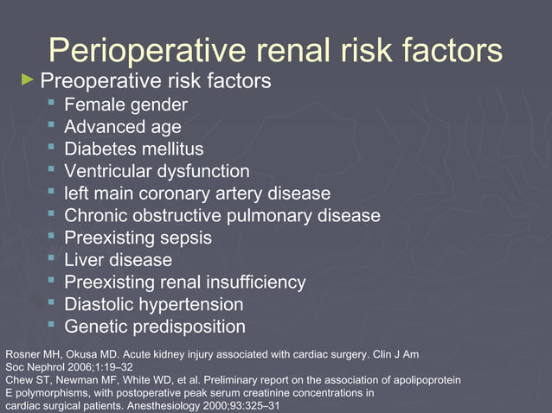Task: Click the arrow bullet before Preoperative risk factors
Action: [28, 80]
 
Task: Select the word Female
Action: [93, 105]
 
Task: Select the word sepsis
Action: [184, 238]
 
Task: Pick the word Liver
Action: [84, 259]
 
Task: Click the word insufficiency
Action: [254, 282]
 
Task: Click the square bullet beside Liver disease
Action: [53, 257]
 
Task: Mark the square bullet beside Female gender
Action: [53, 104]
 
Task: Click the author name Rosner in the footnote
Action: [22, 354]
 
